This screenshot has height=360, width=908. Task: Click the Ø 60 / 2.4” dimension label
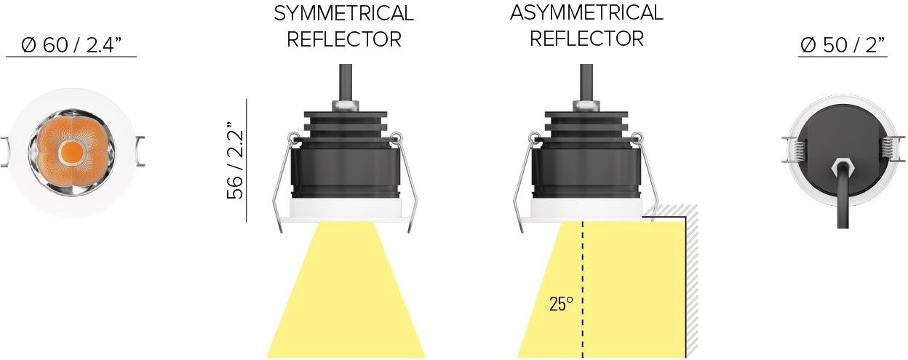coord(71,45)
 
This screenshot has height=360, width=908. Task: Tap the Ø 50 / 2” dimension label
coord(843,45)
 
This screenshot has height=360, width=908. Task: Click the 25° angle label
coord(561,304)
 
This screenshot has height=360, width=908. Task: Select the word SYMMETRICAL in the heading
coord(343,14)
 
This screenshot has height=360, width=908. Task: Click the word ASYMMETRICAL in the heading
coord(586,12)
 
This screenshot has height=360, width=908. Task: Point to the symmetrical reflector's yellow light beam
coord(346,298)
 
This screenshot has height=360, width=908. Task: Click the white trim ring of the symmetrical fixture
coord(346,210)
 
